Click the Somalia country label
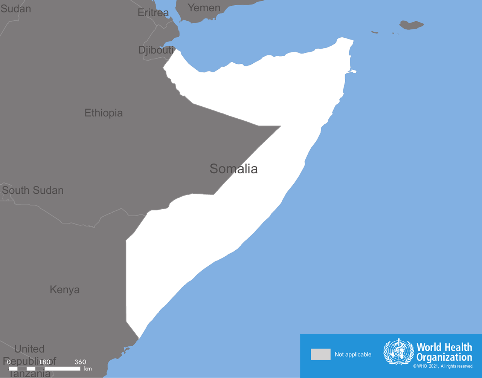[233, 169]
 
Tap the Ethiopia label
[104, 113]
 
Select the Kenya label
[65, 290]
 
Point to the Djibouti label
[156, 50]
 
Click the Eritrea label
[153, 13]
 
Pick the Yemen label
[204, 8]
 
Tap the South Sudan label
[33, 190]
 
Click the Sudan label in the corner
[16, 9]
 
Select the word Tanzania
[29, 373]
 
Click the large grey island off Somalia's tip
[411, 25]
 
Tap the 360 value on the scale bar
[80, 362]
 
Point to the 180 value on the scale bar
[45, 362]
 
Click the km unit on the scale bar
[88, 369]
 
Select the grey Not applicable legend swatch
[320, 354]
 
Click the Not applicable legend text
[353, 355]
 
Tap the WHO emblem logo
[398, 352]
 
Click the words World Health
[444, 347]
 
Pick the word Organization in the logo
[444, 357]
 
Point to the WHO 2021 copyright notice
[443, 366]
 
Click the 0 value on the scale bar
[9, 362]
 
